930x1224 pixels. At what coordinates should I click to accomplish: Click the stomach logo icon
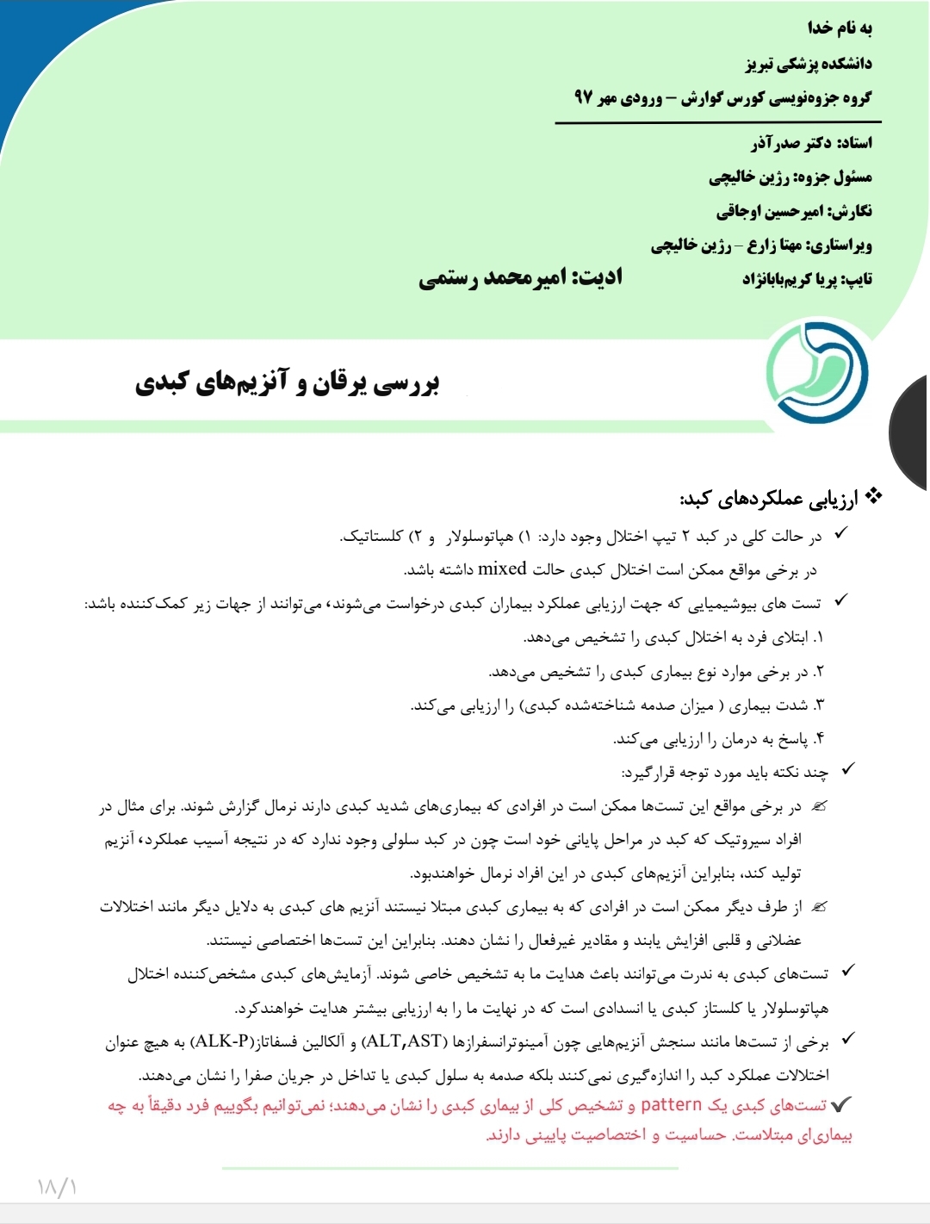tap(816, 373)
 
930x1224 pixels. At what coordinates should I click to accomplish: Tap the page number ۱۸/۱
tap(58, 1187)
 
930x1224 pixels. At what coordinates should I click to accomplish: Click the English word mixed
tap(502, 569)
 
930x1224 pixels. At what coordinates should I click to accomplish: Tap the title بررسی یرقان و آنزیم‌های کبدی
tap(288, 383)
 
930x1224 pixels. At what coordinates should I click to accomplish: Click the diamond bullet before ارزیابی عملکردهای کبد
tap(874, 496)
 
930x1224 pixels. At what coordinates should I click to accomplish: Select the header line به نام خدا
tap(840, 28)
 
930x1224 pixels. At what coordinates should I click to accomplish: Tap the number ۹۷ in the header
tap(584, 97)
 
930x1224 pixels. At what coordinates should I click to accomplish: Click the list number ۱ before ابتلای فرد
tap(817, 637)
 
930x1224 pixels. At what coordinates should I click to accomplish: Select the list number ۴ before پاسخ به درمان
tap(818, 738)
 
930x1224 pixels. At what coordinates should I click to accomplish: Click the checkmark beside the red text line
tap(841, 1104)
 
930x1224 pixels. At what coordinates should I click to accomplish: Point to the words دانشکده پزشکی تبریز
tap(809, 63)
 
